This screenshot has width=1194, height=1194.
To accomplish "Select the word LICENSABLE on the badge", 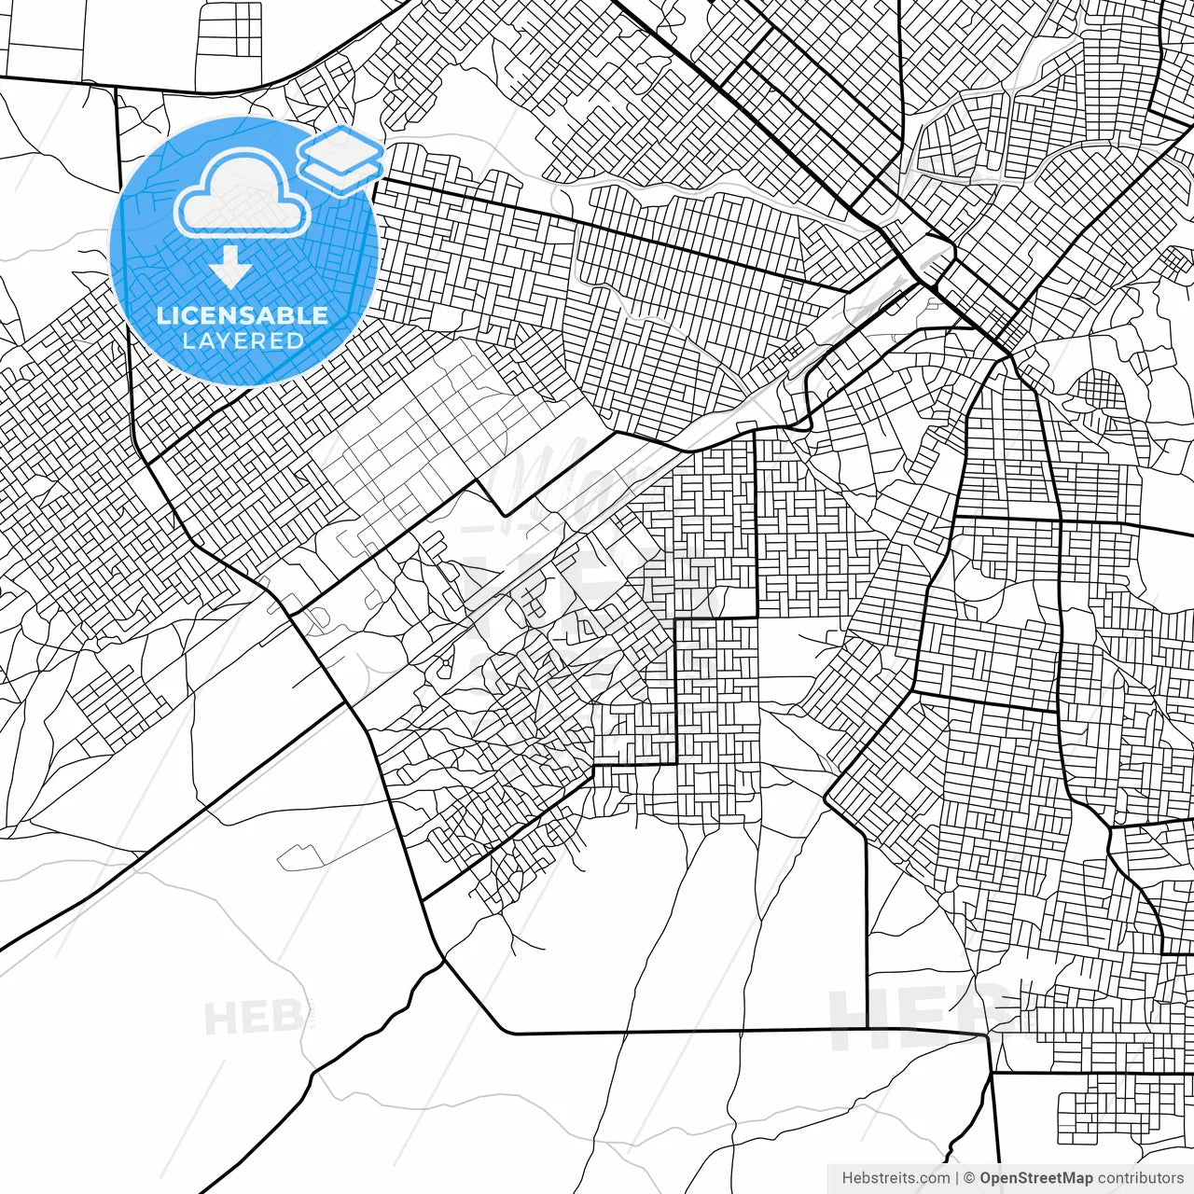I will click(x=243, y=315).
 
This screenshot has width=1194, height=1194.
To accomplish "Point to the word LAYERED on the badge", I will click(x=243, y=340).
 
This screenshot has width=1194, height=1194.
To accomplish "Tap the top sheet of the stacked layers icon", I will click(x=340, y=146).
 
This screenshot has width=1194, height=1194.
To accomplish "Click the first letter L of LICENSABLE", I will click(x=162, y=315).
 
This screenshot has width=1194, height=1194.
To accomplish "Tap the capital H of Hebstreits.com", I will click(x=847, y=1178).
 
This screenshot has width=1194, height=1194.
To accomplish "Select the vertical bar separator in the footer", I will click(x=957, y=1178).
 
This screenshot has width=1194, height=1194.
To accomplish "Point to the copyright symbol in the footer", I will click(x=970, y=1178).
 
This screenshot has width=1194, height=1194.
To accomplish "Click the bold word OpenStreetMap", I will click(x=1035, y=1178).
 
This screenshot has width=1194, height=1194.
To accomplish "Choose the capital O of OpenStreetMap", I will click(x=986, y=1178).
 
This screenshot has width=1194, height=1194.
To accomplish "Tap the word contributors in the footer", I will click(x=1141, y=1178).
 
